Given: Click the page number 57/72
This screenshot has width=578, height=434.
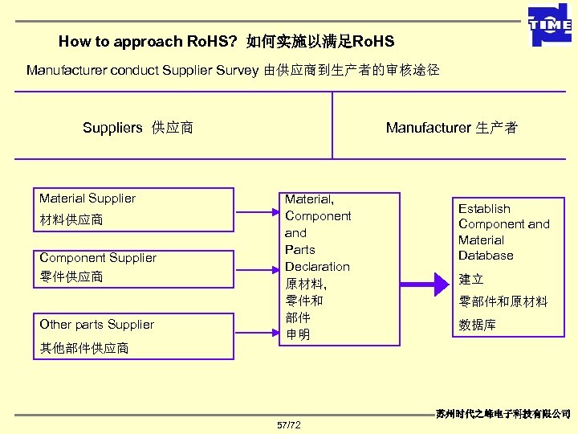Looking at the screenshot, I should (288, 424).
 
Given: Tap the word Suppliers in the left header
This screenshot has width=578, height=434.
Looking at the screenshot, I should (112, 128).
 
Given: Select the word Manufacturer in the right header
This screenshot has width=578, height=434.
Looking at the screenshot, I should (429, 128).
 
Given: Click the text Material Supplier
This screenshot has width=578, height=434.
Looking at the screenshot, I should (88, 199).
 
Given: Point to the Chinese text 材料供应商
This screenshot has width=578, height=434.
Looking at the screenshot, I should (71, 219).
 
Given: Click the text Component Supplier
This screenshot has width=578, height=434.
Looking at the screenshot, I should (98, 258).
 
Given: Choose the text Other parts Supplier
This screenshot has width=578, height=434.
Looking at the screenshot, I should (96, 325).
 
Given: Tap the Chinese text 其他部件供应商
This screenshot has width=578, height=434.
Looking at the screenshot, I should (84, 348).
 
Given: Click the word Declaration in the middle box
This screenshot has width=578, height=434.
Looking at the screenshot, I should (318, 267).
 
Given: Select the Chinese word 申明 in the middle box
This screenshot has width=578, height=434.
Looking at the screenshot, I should (298, 334).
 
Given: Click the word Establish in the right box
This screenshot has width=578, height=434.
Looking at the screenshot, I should (484, 209).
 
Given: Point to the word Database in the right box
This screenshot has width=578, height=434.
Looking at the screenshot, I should (486, 256).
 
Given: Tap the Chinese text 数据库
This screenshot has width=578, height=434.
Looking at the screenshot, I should (478, 325).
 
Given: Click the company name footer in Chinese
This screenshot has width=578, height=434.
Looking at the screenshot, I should (503, 413).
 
